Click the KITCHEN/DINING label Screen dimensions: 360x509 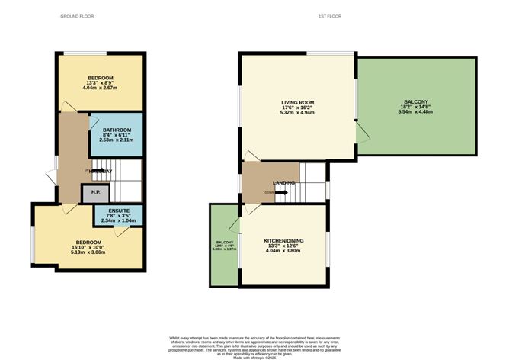[283, 241]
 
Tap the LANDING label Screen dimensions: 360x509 [283, 183]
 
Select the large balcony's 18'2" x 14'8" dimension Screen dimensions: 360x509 [415, 107]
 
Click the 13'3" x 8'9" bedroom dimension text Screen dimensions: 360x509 [100, 83]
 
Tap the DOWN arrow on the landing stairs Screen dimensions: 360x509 [276, 192]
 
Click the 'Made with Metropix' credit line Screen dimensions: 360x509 [254, 355]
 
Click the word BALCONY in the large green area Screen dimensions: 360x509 [415, 101]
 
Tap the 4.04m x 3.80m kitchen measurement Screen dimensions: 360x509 [283, 252]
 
